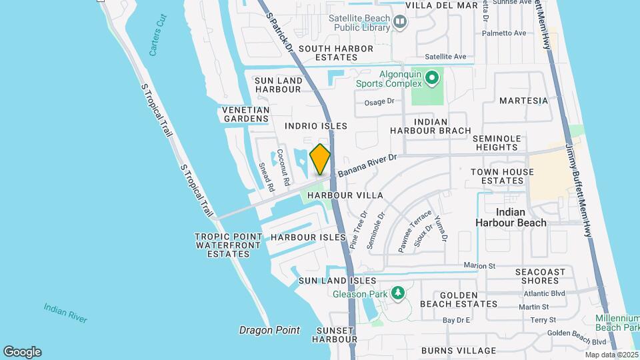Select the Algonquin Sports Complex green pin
pyautogui.click(x=431, y=79)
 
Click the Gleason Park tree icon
pyautogui.click(x=398, y=293)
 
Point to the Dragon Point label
pyautogui.click(x=269, y=330)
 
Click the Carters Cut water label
pyautogui.click(x=157, y=41)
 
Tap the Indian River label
pyautogui.click(x=65, y=313)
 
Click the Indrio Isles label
pyautogui.click(x=316, y=125)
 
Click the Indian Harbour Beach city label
pyautogui.click(x=511, y=217)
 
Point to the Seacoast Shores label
pyautogui.click(x=540, y=276)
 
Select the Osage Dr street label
pyautogui.click(x=379, y=102)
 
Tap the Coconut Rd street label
pyautogui.click(x=283, y=167)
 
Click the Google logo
pyautogui.click(x=22, y=351)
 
